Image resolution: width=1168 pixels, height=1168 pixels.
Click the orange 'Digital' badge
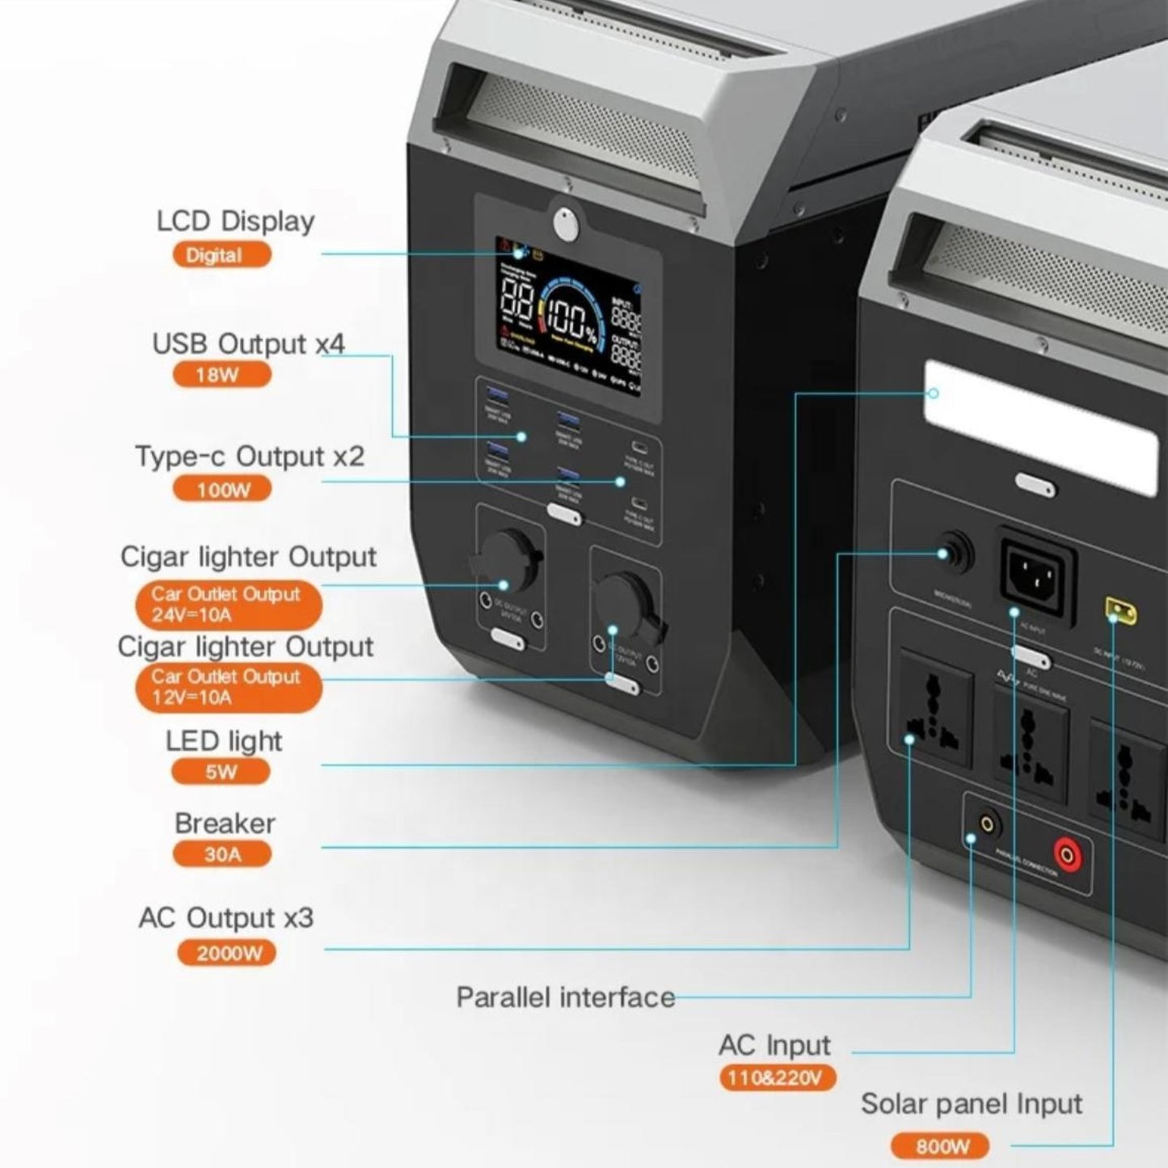pyautogui.click(x=221, y=255)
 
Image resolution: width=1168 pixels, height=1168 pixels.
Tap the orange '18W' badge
pyautogui.click(x=221, y=375)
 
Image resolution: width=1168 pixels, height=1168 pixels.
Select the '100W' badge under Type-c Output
pyautogui.click(x=223, y=490)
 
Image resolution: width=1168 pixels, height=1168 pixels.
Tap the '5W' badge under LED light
pyautogui.click(x=220, y=772)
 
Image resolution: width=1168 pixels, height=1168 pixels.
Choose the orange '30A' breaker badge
pyautogui.click(x=221, y=854)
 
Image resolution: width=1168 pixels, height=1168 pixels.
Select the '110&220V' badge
pyautogui.click(x=775, y=1077)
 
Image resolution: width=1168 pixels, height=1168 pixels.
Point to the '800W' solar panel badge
pyautogui.click(x=942, y=1146)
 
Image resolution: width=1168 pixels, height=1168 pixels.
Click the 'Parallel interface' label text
pyautogui.click(x=565, y=997)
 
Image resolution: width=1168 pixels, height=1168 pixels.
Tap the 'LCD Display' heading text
pyautogui.click(x=235, y=221)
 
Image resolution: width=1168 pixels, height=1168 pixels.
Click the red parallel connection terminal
pyautogui.click(x=1068, y=854)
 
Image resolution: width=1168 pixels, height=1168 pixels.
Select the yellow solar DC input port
pyautogui.click(x=1120, y=611)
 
